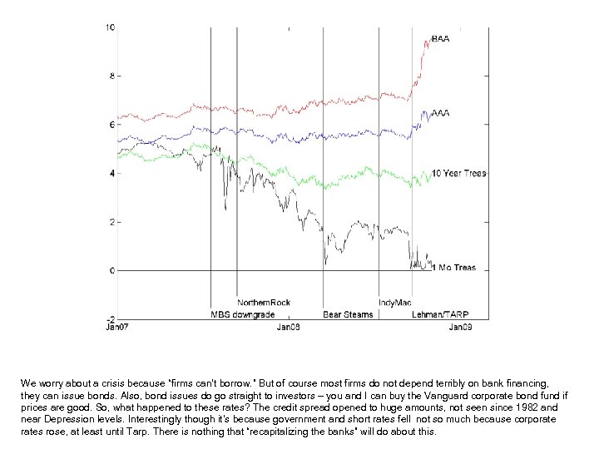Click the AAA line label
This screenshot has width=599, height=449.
click(440, 113)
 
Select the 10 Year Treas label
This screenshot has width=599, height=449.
click(459, 174)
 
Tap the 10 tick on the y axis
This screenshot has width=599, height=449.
click(110, 27)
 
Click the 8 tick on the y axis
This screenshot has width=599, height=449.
click(112, 76)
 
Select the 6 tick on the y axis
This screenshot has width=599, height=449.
click(112, 125)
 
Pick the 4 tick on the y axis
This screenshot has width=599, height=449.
click(112, 174)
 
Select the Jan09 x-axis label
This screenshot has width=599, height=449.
click(460, 328)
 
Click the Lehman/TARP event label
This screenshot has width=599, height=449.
click(441, 314)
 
